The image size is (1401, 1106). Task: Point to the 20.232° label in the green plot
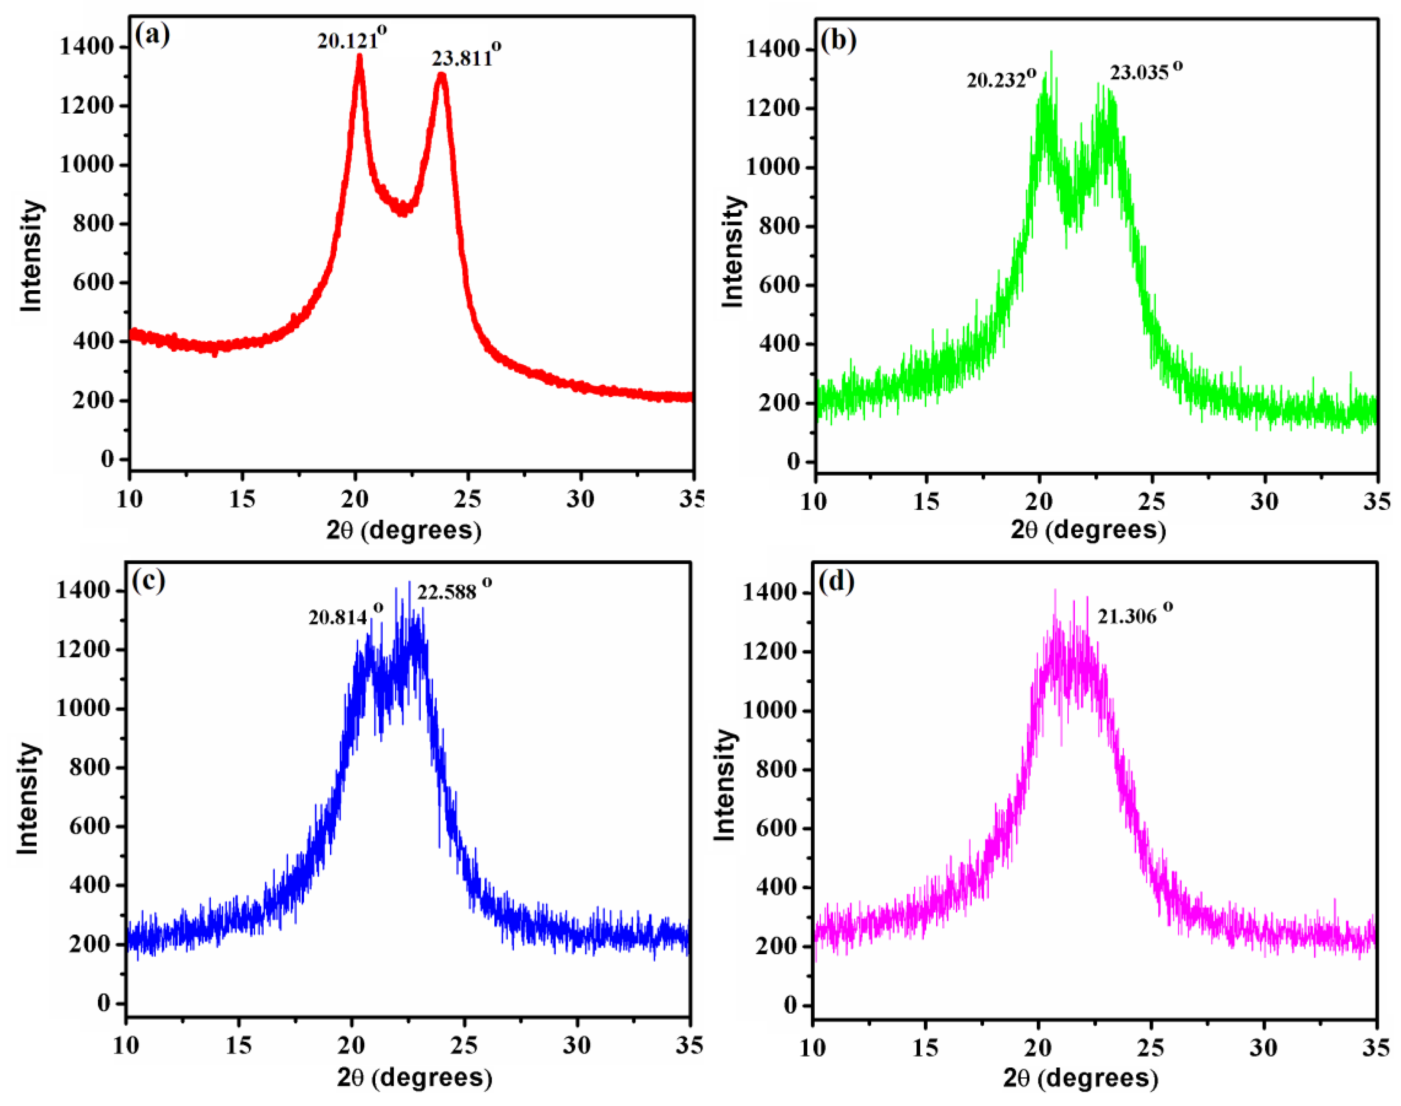pos(1000,79)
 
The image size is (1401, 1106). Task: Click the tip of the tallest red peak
pos(359,56)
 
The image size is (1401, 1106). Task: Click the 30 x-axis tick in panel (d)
pos(1263,1047)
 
